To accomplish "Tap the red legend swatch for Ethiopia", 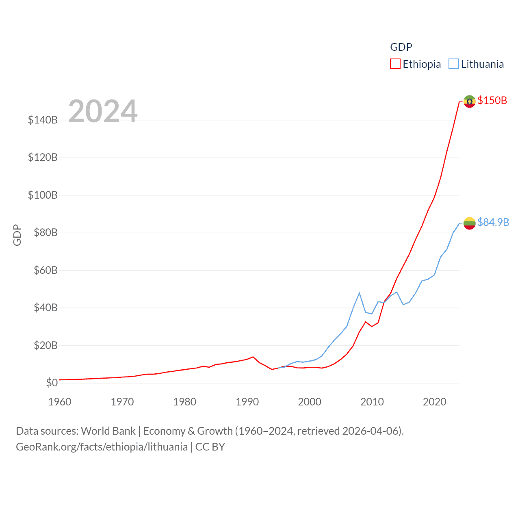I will pyautogui.click(x=395, y=64).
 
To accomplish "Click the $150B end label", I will pyautogui.click(x=492, y=100).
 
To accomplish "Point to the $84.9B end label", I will pyautogui.click(x=493, y=222).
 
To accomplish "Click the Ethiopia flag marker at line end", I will pyautogui.click(x=469, y=101).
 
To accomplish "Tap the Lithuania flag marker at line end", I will pyautogui.click(x=469, y=223).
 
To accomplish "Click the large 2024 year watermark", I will pyautogui.click(x=103, y=111).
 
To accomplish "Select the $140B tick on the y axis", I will pyautogui.click(x=43, y=120).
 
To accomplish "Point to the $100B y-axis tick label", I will pyautogui.click(x=43, y=195).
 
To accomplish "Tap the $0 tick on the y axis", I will pyautogui.click(x=52, y=383).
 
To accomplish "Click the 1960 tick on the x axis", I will pyautogui.click(x=60, y=402).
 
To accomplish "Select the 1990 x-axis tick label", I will pyautogui.click(x=247, y=402).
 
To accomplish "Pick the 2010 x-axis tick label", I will pyautogui.click(x=372, y=402).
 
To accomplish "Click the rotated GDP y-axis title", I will pyautogui.click(x=17, y=235).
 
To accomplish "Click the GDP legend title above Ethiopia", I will pyautogui.click(x=401, y=47).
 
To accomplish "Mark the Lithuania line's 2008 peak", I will pyautogui.click(x=360, y=293).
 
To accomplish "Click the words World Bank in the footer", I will pyautogui.click(x=108, y=431).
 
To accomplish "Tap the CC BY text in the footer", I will pyautogui.click(x=210, y=447).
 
